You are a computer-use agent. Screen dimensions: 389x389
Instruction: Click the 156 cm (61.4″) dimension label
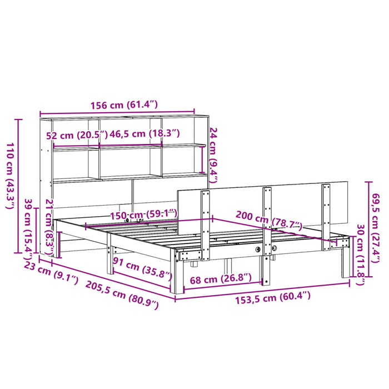[x=124, y=105]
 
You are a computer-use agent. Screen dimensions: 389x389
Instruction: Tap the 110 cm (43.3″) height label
[x=11, y=176]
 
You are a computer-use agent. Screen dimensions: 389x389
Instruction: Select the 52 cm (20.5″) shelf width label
[x=77, y=136]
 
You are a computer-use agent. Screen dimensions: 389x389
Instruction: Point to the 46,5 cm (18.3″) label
[x=144, y=134]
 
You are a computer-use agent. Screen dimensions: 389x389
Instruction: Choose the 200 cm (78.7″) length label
[x=269, y=220]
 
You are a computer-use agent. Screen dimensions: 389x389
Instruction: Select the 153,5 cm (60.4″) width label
[x=273, y=298]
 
